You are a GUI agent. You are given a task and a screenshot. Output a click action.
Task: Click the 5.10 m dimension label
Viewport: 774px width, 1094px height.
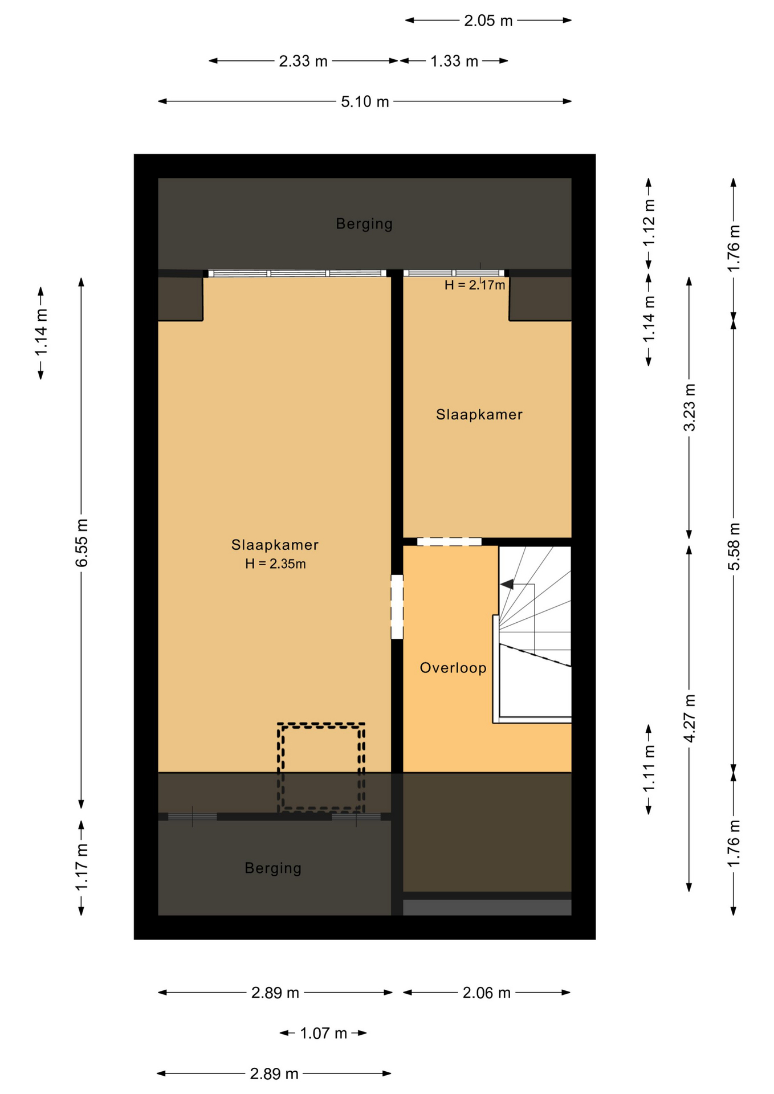click(365, 102)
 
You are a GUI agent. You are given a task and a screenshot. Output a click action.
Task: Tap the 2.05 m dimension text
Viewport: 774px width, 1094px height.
click(488, 21)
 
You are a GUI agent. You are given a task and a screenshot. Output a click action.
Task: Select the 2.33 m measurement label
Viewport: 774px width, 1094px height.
click(303, 61)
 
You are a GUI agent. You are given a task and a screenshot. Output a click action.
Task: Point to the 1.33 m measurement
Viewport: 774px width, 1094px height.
click(454, 61)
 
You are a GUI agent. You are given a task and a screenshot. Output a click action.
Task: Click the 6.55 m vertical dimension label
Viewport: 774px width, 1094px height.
click(82, 543)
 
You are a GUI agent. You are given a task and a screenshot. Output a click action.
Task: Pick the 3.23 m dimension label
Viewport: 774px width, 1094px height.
click(690, 408)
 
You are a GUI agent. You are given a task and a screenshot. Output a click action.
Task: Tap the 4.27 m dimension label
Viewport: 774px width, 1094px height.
click(690, 719)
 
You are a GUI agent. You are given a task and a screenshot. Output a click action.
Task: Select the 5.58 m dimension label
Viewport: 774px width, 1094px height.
click(734, 546)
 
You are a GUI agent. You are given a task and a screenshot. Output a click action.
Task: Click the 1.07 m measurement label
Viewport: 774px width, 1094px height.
click(324, 1033)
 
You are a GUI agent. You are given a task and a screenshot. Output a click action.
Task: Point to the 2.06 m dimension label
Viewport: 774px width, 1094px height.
click(486, 993)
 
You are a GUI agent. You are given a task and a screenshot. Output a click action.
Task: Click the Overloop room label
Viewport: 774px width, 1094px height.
click(453, 668)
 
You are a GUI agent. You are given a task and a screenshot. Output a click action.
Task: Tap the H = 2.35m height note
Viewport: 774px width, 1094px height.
click(276, 564)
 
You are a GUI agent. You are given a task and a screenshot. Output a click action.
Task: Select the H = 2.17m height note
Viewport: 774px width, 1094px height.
click(475, 285)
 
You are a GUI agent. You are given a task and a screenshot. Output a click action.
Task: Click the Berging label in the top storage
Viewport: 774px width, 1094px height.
click(364, 224)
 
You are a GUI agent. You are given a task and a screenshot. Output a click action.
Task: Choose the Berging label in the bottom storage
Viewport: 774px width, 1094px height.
click(273, 868)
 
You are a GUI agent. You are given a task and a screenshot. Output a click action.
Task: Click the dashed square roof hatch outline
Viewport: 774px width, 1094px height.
click(321, 725)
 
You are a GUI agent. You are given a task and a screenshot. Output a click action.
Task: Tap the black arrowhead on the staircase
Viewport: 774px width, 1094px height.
click(507, 584)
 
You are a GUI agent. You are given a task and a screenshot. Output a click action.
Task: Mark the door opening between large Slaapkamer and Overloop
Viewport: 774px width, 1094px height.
click(397, 607)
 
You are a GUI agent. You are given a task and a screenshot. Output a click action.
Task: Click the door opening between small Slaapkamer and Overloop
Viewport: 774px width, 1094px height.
click(449, 542)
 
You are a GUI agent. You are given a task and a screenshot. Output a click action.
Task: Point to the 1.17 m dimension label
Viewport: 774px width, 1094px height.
click(82, 868)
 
